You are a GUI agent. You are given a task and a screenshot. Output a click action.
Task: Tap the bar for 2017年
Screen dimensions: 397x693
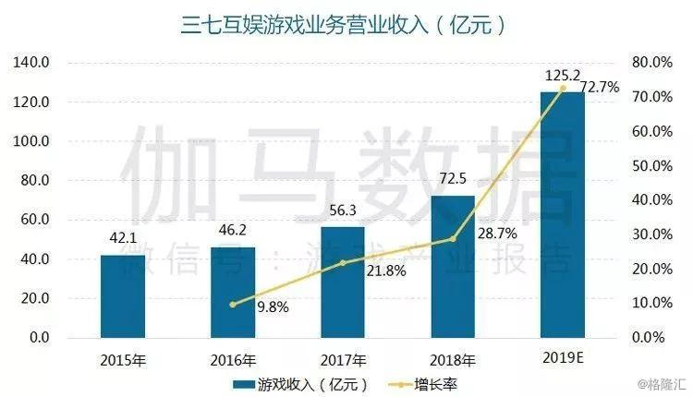pos(342,283)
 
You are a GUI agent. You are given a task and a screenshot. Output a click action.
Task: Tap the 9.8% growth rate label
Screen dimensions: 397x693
pos(270,307)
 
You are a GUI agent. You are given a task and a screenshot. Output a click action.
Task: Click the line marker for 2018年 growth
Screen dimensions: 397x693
pos(452,239)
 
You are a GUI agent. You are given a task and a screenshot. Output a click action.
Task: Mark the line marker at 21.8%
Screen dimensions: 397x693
pos(342,263)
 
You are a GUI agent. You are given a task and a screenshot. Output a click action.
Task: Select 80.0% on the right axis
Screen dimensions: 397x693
pos(650,63)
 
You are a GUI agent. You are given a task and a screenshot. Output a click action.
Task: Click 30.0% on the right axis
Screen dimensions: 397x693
pos(650,235)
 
